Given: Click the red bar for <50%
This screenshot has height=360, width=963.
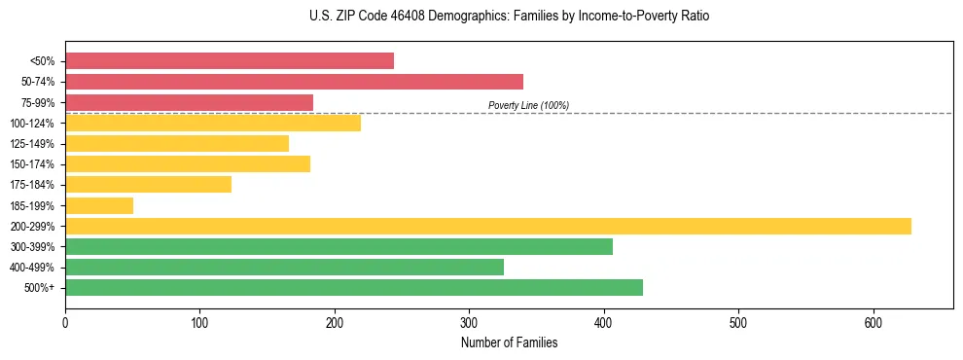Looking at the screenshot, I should pyautogui.click(x=230, y=60).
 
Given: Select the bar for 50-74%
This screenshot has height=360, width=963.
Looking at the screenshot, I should pyautogui.click(x=294, y=82).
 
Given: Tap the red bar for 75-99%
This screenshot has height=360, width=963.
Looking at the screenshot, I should pyautogui.click(x=189, y=102).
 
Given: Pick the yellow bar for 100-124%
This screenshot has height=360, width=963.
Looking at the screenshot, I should pyautogui.click(x=213, y=123).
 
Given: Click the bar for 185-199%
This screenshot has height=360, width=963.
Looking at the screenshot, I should pyautogui.click(x=99, y=205).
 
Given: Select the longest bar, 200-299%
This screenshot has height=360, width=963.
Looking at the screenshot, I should pyautogui.click(x=488, y=226).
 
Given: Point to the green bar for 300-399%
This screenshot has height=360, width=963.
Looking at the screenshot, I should pyautogui.click(x=339, y=246).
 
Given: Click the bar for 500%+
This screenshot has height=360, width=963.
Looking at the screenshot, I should pyautogui.click(x=354, y=287).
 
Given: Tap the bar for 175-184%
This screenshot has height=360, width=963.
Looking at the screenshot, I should pyautogui.click(x=148, y=184).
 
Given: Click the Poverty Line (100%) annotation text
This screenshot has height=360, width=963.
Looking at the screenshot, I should pyautogui.click(x=528, y=105).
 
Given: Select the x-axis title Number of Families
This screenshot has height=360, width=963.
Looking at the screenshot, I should pyautogui.click(x=509, y=342).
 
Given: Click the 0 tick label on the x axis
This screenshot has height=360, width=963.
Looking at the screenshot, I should pyautogui.click(x=65, y=322).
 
